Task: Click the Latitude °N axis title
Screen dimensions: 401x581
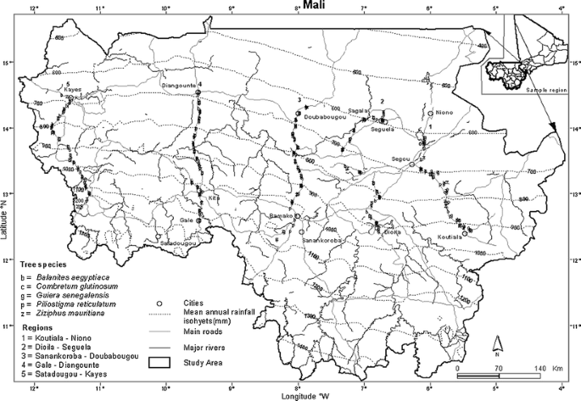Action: coord(6,202)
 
